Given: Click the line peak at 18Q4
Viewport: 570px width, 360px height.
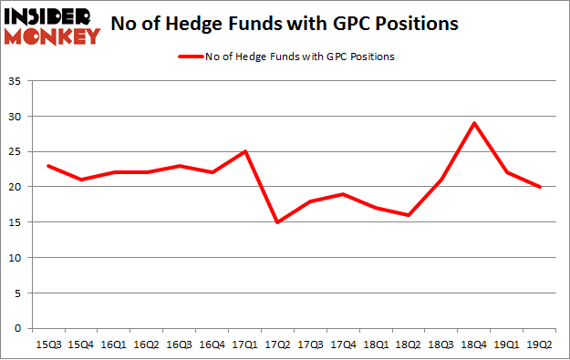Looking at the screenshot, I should pyautogui.click(x=475, y=123).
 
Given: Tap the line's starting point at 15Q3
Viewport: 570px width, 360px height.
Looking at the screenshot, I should pyautogui.click(x=48, y=166).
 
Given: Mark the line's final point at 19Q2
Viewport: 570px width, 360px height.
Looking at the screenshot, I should pyautogui.click(x=541, y=187).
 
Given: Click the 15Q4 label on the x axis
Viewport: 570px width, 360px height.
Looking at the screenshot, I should pyautogui.click(x=81, y=344).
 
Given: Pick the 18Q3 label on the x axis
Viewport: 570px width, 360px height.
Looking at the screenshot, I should pyautogui.click(x=442, y=344).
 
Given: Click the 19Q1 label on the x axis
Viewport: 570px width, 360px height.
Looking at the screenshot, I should pyautogui.click(x=508, y=344).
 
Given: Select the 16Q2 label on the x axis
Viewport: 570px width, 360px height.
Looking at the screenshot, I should pyautogui.click(x=147, y=344).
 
